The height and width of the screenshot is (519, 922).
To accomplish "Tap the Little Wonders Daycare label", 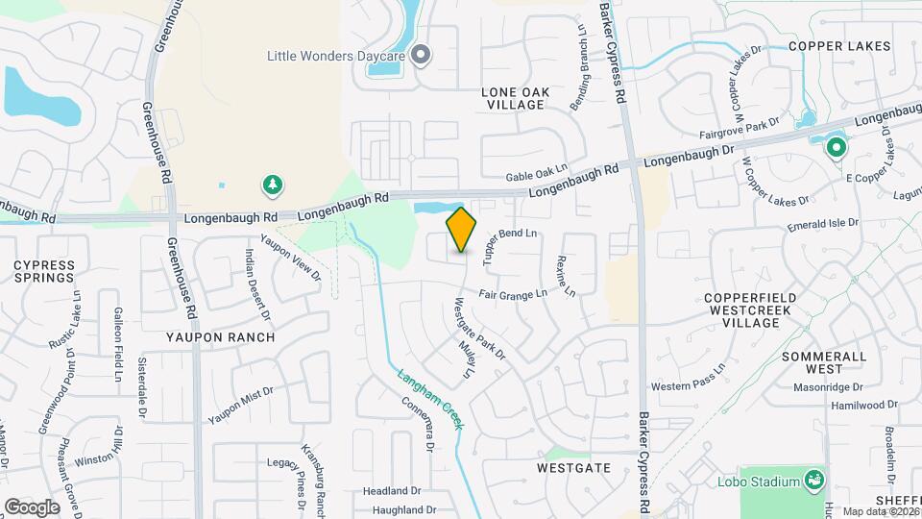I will coord(335,55).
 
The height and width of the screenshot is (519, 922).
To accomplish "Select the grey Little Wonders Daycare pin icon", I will coord(420,55).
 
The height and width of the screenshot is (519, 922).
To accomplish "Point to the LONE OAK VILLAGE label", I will coord(516,98).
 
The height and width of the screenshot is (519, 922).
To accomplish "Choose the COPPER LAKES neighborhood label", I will coord(839,46).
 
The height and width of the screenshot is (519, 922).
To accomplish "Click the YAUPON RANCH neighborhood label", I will coord(220,337).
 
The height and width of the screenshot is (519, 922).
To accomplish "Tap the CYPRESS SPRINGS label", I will coord(44,271).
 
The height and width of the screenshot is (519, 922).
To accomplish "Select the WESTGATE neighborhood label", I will coord(573,467).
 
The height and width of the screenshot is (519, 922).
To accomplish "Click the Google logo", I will coord(32,507).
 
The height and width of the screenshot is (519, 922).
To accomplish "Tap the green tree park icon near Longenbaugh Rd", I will coord(273,184).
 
